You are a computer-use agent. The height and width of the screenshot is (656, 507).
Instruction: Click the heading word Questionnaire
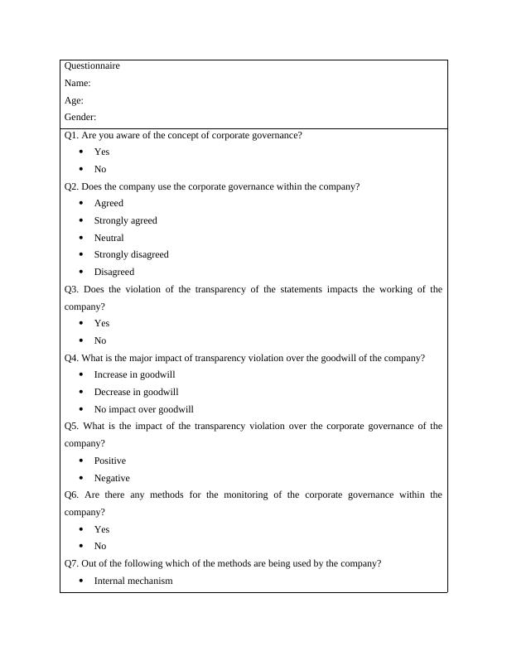tap(92, 65)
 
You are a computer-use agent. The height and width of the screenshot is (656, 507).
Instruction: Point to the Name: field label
tap(77, 83)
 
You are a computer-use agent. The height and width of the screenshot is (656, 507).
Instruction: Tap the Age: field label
tap(74, 100)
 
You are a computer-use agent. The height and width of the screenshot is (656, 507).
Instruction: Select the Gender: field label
tap(80, 118)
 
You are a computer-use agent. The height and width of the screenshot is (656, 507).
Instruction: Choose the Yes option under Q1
tap(101, 152)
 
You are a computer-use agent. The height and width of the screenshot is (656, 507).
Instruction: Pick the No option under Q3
tap(100, 340)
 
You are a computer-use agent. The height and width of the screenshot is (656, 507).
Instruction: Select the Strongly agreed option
tap(125, 220)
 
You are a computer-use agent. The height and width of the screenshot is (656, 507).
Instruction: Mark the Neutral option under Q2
tap(109, 238)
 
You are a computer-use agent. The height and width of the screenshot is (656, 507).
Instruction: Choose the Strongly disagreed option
tap(131, 254)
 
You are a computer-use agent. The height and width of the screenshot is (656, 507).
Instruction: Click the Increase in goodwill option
tap(134, 374)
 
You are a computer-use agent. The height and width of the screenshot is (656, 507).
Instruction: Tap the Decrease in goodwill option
tap(136, 392)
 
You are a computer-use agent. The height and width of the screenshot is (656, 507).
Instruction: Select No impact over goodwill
tap(143, 409)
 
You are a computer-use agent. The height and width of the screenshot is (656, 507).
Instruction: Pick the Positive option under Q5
tap(109, 461)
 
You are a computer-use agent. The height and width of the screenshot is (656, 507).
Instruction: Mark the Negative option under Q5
tap(112, 478)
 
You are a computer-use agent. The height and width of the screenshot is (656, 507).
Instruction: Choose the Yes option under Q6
tap(101, 529)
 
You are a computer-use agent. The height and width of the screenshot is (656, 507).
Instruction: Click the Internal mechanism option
tap(133, 581)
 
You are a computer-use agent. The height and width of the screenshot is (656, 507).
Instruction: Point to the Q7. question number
tap(71, 563)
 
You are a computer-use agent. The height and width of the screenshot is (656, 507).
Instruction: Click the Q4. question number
tap(71, 358)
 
